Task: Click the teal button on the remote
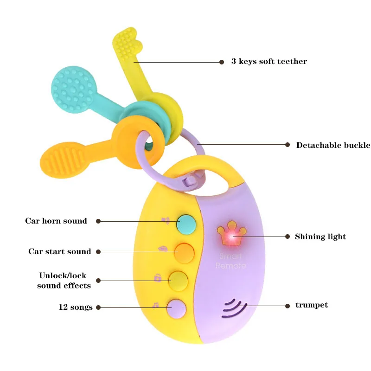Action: point(186,224)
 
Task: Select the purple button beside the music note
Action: point(177,308)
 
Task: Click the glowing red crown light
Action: point(230,236)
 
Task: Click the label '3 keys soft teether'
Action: point(269,62)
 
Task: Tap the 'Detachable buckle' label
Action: point(333,145)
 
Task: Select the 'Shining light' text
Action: point(320,237)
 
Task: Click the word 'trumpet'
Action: point(312,305)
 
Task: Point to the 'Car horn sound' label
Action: point(56,221)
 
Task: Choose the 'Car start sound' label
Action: point(60,251)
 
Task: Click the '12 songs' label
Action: point(76,307)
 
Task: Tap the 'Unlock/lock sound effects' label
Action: point(64,281)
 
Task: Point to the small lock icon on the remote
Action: point(158,278)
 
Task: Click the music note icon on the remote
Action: point(156,305)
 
